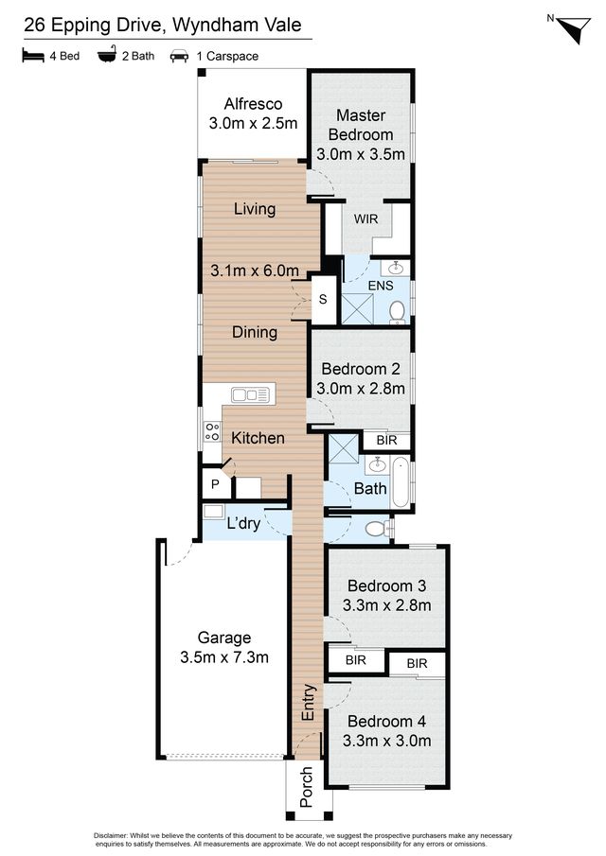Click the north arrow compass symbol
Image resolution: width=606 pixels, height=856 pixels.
point(574,29)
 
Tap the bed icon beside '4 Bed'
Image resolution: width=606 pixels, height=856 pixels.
point(33,56)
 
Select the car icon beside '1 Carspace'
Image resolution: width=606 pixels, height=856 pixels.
point(179,56)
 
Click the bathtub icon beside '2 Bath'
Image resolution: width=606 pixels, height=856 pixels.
point(107,55)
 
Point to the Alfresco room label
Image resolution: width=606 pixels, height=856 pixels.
point(253,104)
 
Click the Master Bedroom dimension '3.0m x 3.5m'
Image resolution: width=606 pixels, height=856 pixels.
point(361,154)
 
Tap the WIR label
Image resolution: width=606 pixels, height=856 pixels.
point(365,218)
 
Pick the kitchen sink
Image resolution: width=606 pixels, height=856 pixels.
point(250,394)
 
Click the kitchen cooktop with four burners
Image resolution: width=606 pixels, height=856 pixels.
point(212,431)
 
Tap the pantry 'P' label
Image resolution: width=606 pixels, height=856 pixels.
point(215,483)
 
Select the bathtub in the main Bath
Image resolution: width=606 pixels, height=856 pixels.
point(400,482)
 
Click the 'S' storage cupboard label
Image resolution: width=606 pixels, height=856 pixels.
point(323,299)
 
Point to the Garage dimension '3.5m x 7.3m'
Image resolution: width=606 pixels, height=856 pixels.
point(224,657)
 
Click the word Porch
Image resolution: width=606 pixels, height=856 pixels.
point(307,787)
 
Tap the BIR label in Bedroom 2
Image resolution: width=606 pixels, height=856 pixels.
point(386,440)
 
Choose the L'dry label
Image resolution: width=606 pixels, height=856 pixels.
point(243,523)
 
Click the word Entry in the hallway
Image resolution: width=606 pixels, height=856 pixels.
point(308,702)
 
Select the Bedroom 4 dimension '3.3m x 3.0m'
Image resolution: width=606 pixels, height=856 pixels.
point(387,741)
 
